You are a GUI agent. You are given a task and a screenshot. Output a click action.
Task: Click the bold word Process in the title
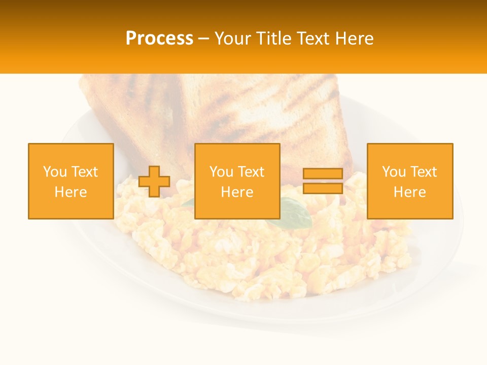tap(159, 39)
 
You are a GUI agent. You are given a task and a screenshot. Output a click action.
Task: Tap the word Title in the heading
tap(273, 39)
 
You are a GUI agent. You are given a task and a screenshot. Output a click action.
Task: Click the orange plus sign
tap(154, 181)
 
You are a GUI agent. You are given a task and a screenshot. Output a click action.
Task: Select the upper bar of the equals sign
tap(323, 174)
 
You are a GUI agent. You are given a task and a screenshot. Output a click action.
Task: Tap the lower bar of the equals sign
tap(323, 189)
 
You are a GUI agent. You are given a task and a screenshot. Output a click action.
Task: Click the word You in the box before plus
tap(54, 172)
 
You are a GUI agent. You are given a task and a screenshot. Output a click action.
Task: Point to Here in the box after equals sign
tap(409, 192)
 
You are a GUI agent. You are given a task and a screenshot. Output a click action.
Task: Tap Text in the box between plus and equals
tap(252, 172)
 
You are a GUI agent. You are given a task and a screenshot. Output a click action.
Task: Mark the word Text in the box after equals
tap(424, 172)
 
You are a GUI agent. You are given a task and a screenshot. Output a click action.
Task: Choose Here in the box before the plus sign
tap(71, 192)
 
